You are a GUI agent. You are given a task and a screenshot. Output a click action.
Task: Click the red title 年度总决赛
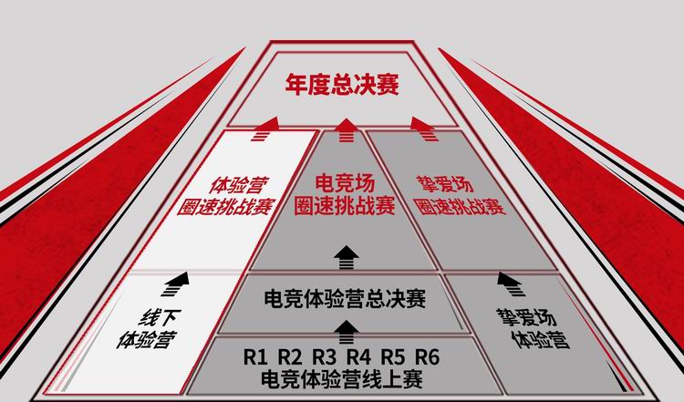click(x=342, y=85)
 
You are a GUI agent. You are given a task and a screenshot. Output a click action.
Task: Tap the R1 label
click(x=255, y=357)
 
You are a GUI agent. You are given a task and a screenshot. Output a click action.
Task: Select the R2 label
click(x=290, y=357)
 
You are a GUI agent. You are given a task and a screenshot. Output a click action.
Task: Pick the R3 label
click(x=325, y=357)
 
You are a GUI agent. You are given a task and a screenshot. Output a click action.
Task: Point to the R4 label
click(x=358, y=357)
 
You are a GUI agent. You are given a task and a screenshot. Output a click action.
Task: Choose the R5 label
click(x=393, y=357)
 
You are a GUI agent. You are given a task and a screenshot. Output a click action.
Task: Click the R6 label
click(x=427, y=357)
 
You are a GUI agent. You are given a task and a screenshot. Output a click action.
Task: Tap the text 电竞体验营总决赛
click(x=345, y=299)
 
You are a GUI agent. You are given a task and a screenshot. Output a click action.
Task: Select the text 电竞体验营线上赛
click(x=342, y=379)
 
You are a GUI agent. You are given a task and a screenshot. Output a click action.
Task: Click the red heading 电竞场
click(x=345, y=184)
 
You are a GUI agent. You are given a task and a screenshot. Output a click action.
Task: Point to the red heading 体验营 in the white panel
click(x=238, y=185)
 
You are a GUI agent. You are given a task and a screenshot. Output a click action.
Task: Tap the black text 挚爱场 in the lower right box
click(x=526, y=317)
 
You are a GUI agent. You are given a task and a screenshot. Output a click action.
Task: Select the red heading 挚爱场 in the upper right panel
click(x=445, y=184)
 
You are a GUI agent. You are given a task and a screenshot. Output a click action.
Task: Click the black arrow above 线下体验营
click(x=177, y=283)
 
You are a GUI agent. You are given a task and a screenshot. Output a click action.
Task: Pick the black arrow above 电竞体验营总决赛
click(x=347, y=258)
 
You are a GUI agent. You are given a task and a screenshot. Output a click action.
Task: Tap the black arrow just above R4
click(x=347, y=332)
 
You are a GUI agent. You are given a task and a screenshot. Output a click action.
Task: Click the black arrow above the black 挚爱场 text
click(x=512, y=283)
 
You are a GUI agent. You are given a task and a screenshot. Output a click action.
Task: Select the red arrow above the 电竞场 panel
click(x=347, y=130)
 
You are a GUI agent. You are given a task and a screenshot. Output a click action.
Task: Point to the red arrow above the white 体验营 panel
click(x=264, y=129)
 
